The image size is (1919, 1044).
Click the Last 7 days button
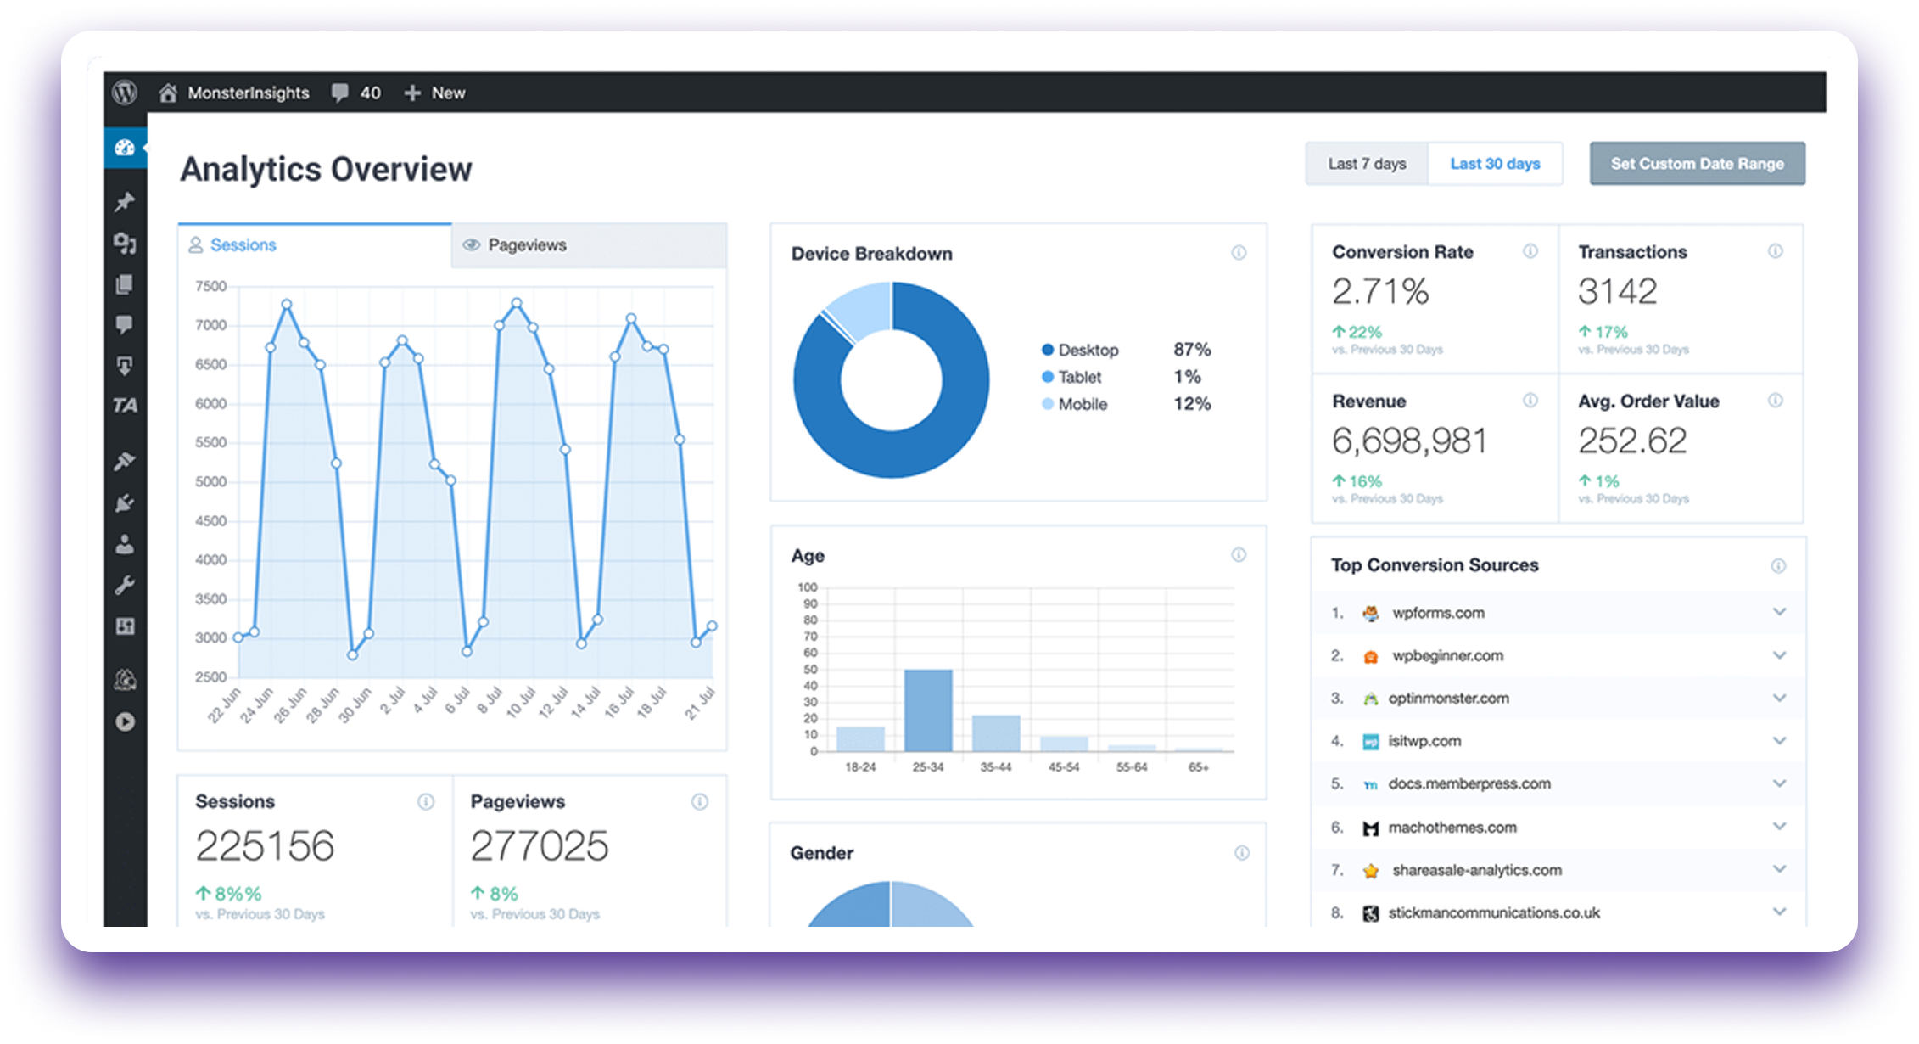pyautogui.click(x=1366, y=164)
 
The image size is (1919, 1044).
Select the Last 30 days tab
pyautogui.click(x=1495, y=164)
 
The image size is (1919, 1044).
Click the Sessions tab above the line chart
pyautogui.click(x=243, y=245)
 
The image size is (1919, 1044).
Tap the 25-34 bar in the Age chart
pyautogui.click(x=927, y=710)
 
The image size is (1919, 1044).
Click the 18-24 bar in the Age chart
pyautogui.click(x=860, y=738)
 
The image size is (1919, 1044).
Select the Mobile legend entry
pyautogui.click(x=1082, y=404)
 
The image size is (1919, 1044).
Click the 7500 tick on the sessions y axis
pyautogui.click(x=210, y=287)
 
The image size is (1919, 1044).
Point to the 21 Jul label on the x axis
pyautogui.click(x=701, y=704)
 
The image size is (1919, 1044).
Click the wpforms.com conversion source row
pyautogui.click(x=1438, y=613)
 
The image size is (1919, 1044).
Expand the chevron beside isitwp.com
pyautogui.click(x=1779, y=741)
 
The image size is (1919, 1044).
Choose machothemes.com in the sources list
pyautogui.click(x=1452, y=828)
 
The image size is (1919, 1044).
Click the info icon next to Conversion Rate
pyautogui.click(x=1530, y=251)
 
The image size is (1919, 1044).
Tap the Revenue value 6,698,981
pyautogui.click(x=1409, y=441)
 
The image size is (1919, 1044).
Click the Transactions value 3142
pyautogui.click(x=1617, y=292)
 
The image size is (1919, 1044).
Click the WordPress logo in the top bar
pyautogui.click(x=125, y=93)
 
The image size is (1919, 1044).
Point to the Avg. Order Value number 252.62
pyautogui.click(x=1632, y=441)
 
